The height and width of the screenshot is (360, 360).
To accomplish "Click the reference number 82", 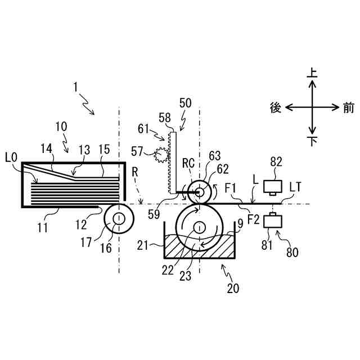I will [276, 163].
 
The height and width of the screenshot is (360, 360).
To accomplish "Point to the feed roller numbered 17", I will [119, 219].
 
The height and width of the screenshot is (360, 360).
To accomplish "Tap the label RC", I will [189, 164].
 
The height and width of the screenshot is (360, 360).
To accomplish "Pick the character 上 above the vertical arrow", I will [312, 72].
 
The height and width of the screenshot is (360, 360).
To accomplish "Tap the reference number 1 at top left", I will [75, 87].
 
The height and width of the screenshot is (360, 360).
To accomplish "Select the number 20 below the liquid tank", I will [233, 289].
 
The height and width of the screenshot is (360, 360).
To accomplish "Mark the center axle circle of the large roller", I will [199, 227].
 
